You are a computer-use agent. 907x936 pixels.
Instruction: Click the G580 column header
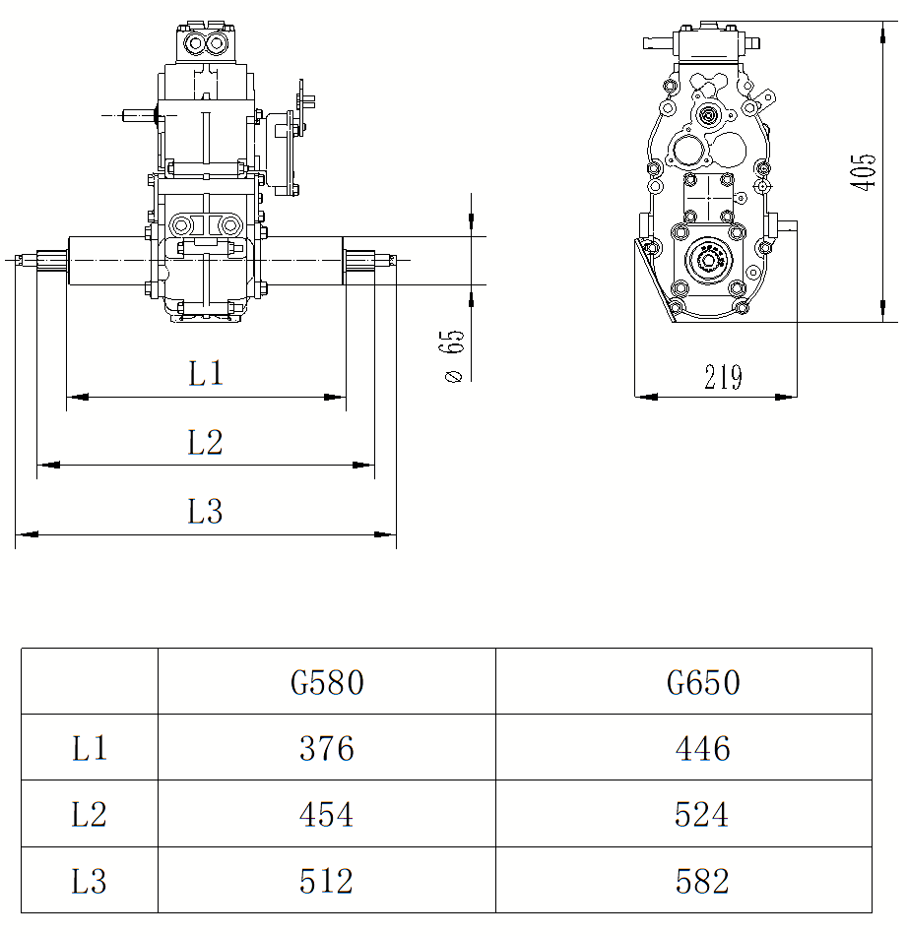coord(327,682)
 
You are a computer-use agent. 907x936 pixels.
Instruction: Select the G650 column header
coord(703,682)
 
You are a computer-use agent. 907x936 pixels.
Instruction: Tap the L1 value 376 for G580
coord(327,749)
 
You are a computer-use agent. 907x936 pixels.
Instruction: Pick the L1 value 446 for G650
coord(703,749)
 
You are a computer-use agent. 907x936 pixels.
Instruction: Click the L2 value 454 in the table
coord(326,814)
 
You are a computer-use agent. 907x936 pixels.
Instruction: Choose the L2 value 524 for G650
coord(701,814)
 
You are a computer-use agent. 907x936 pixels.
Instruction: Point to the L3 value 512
coord(326,881)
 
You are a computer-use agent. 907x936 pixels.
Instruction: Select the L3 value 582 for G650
coord(702,881)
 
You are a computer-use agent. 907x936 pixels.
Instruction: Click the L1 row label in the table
coord(90,749)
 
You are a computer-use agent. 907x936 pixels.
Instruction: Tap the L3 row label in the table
coord(89,881)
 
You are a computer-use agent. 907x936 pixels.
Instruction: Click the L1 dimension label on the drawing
coord(206,374)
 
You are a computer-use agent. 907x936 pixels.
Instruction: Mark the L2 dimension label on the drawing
coord(206,442)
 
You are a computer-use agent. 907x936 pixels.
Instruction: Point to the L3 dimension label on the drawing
coord(206,512)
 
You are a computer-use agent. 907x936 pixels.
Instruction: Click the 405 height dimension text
coord(864,172)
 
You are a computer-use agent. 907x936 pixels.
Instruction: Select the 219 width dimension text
coord(723,377)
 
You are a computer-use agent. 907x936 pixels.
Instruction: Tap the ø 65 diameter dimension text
coord(453,355)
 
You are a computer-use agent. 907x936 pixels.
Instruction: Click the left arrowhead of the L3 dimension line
coord(27,534)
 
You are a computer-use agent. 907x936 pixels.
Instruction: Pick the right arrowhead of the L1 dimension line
coord(335,397)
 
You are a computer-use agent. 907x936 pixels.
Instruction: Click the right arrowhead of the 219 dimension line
coord(786,397)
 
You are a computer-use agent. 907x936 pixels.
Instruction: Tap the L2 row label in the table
coord(89,814)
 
